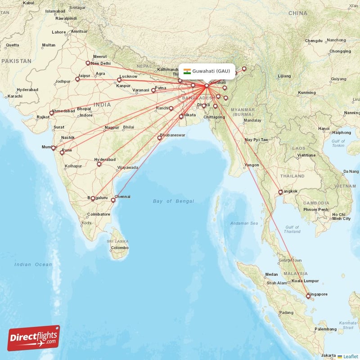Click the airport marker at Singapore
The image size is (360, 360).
(x=308, y=296)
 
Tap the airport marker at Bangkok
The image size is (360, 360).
(x=280, y=192)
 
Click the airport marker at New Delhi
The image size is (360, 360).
(x=88, y=63)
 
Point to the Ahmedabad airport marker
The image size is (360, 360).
(x=51, y=113)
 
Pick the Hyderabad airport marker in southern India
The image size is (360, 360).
(x=99, y=164)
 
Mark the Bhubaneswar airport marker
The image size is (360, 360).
(x=159, y=138)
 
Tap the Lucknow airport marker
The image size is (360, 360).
(x=119, y=81)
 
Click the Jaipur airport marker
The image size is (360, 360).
(x=77, y=79)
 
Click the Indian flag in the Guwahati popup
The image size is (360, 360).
(x=187, y=71)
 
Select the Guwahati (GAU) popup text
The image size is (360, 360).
(x=211, y=71)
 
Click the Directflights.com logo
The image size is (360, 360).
(x=33, y=337)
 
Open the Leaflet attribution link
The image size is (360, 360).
(x=350, y=356)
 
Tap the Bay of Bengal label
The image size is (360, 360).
(x=173, y=201)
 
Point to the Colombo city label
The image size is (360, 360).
(x=120, y=248)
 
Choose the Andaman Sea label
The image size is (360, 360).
(x=245, y=223)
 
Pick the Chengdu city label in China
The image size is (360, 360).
(x=314, y=41)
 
